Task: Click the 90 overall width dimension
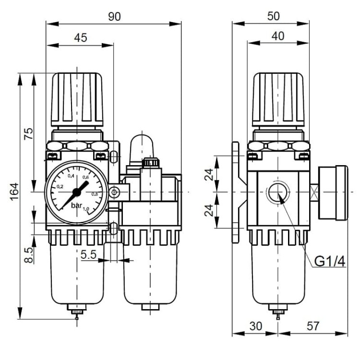[x=114, y=16]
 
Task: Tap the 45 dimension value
[x=81, y=37]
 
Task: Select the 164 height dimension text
[x=14, y=192]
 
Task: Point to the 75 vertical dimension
[x=29, y=133]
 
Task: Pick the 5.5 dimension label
[x=89, y=254]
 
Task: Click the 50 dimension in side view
[x=274, y=16]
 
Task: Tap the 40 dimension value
[x=278, y=36]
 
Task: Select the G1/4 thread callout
[x=330, y=261]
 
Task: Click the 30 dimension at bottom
[x=255, y=326]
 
